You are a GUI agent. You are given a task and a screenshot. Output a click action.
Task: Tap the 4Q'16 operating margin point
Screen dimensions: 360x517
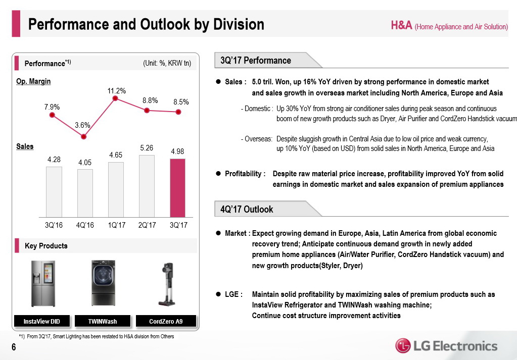pos(84,136)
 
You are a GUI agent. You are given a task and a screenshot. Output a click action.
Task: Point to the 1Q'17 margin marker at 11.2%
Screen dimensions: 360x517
pos(115,98)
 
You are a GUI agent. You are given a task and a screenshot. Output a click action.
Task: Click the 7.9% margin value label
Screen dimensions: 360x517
pos(52,107)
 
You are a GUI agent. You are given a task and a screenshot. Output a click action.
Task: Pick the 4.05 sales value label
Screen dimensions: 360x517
pos(85,163)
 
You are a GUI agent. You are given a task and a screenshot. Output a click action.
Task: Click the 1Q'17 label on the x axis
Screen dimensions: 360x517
pos(116,225)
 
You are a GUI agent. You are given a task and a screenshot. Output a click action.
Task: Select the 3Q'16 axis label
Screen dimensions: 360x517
pos(54,225)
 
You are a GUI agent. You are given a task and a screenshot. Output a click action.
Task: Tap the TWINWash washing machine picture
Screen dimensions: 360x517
pos(103,283)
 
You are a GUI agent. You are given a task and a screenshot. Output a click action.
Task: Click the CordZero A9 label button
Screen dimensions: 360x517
pos(166,322)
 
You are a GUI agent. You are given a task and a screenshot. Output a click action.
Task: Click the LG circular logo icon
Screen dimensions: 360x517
pos(403,346)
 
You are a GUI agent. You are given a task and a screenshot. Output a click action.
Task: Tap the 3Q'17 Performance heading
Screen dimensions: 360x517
pos(256,61)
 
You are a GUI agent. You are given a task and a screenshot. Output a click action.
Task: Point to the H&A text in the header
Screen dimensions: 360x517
pos(401,26)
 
